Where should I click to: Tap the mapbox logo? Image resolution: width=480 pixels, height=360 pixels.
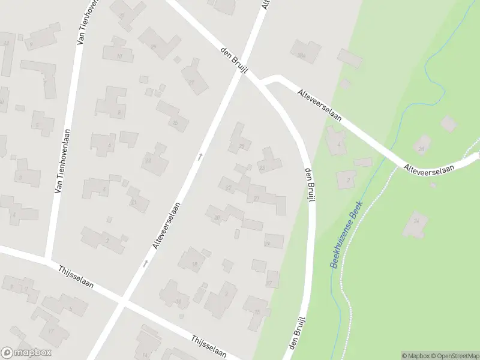point(26,353)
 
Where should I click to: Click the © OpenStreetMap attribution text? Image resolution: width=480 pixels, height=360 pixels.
point(454,356)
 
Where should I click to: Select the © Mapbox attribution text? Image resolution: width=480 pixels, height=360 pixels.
point(415,356)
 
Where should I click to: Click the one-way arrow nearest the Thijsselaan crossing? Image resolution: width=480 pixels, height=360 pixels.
point(145,263)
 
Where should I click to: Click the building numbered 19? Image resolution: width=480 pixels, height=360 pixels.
point(273,241)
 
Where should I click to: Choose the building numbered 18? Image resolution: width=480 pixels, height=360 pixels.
point(193,261)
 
